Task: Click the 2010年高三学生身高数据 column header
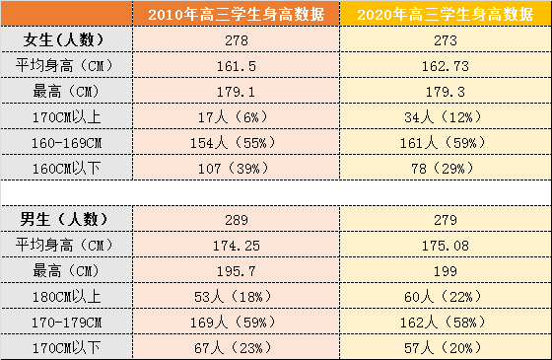click(237, 15)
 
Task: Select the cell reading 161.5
click(237, 66)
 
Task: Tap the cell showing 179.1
click(237, 92)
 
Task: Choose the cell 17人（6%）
click(237, 117)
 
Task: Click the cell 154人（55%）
click(237, 143)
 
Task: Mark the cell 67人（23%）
click(237, 347)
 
